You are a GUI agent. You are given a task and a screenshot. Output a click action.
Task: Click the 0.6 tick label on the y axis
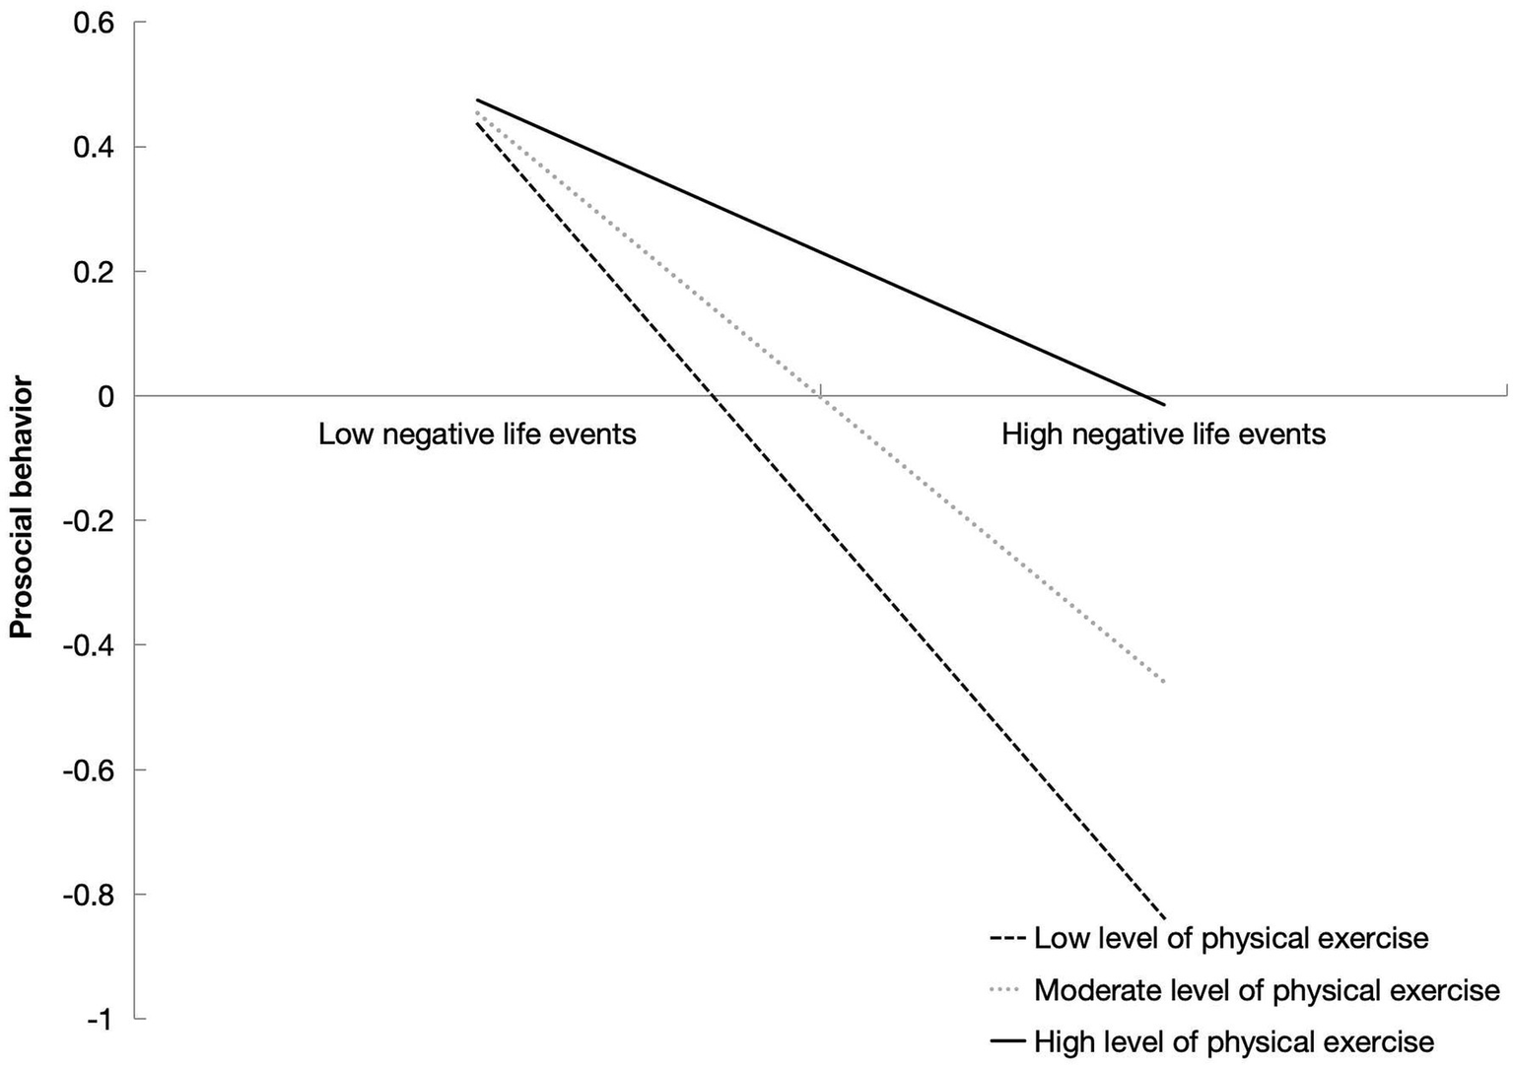pos(96,22)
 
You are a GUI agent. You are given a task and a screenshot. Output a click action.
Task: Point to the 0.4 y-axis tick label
pos(96,147)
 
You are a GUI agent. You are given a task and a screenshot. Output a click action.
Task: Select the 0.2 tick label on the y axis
pos(96,271)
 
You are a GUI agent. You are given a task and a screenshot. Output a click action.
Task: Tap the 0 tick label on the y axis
pos(105,396)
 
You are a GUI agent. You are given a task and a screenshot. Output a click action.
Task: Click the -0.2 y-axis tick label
pos(91,520)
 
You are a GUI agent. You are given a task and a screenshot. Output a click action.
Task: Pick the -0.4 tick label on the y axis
pos(91,645)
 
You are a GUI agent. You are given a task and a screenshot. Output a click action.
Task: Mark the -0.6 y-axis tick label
pos(91,769)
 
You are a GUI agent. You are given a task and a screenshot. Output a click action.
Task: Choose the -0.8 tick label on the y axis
pos(91,895)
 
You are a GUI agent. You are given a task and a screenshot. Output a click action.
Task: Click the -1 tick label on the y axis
pos(101,1019)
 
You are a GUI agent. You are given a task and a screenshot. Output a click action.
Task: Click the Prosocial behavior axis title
pos(22,509)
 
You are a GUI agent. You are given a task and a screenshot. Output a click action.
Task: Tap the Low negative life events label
pos(477,434)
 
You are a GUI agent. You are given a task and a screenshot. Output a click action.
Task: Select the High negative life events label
pos(1163,434)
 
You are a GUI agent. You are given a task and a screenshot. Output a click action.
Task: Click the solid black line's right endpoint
pos(1164,404)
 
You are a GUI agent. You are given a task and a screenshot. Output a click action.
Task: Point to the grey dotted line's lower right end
pos(1164,682)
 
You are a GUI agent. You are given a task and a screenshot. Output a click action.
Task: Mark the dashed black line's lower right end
pos(1164,918)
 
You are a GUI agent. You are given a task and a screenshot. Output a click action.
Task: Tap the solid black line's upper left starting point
pos(477,100)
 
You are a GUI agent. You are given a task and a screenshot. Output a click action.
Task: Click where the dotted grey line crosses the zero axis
pos(819,395)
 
